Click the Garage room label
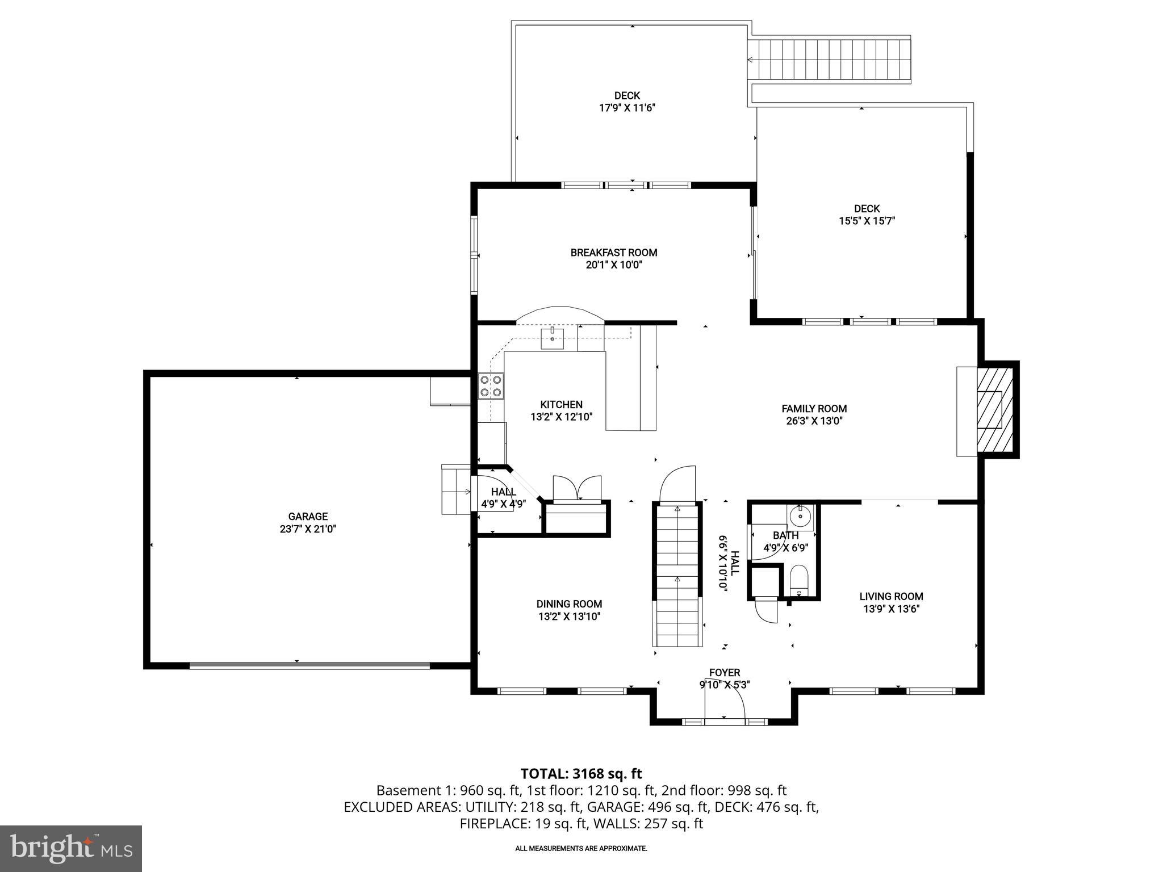coord(308,517)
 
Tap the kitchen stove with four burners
coord(491,386)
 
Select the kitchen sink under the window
coord(552,339)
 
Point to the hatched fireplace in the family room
coord(994,409)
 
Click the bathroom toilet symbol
coord(799,581)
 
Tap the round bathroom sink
coord(801,516)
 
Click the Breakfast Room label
coord(614,253)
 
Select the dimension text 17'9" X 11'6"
coord(627,108)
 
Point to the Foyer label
coord(724,673)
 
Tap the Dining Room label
coord(569,604)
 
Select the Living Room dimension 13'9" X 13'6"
coord(891,609)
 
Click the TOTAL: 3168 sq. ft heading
coord(581,773)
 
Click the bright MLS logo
coord(71,848)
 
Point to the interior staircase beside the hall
coord(677,576)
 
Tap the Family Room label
coord(814,409)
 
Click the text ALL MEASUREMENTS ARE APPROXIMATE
coord(581,849)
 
